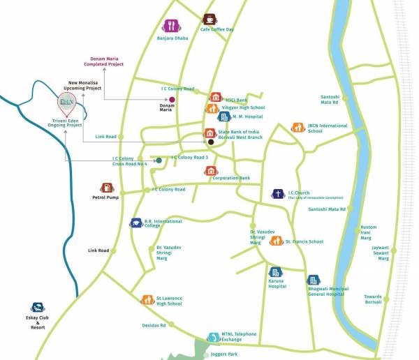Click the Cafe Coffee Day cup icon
[209, 20]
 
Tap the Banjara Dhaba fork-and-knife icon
[170, 27]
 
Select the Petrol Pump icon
[107, 188]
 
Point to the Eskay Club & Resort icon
[37, 308]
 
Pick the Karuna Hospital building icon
[276, 272]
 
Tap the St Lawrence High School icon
[147, 300]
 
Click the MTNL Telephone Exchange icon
[212, 337]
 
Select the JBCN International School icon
[297, 128]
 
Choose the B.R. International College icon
[135, 223]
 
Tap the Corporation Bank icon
[210, 171]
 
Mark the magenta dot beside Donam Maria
[172, 100]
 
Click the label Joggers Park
[223, 354]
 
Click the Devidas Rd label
[154, 325]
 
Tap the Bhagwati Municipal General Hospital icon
[314, 280]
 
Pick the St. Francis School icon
[277, 241]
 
